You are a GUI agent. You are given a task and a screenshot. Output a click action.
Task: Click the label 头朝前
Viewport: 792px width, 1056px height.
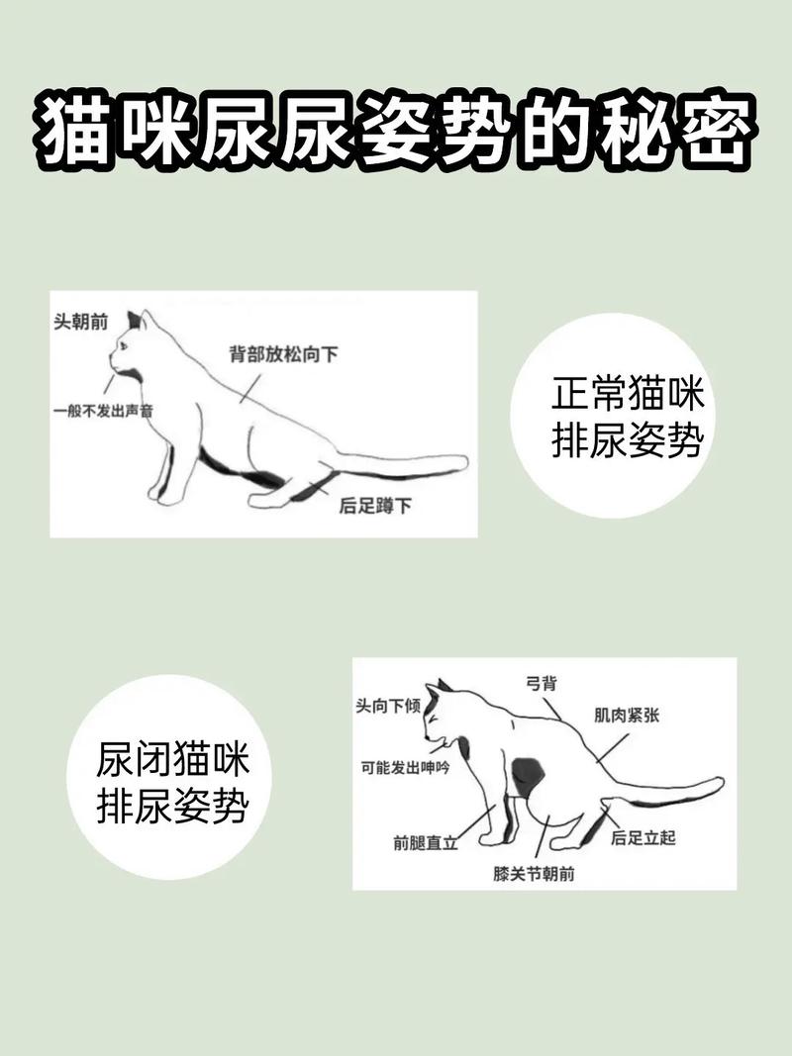click(81, 322)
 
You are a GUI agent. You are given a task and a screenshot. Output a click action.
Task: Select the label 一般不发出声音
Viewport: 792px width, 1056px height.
click(103, 409)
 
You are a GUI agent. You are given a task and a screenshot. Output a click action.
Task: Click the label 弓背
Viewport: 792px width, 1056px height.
click(540, 683)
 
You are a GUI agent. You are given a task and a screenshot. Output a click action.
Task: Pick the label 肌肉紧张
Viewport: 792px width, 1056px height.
click(627, 715)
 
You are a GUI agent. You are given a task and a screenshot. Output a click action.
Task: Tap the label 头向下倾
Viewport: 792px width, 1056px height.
click(389, 707)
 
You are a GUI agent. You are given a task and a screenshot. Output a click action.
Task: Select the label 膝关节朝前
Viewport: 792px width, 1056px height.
click(535, 874)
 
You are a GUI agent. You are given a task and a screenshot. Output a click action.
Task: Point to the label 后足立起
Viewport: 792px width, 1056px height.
click(643, 838)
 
